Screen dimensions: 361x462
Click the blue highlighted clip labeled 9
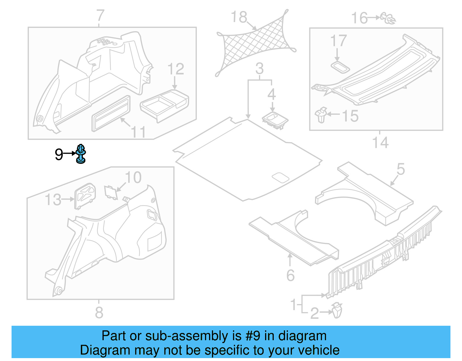click(81, 154)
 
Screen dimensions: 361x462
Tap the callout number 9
click(59, 154)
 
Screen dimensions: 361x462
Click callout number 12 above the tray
click(176, 69)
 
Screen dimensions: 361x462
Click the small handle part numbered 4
click(275, 120)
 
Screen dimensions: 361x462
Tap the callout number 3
click(259, 69)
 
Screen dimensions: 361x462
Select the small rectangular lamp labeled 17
click(340, 67)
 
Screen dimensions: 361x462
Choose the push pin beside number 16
click(388, 18)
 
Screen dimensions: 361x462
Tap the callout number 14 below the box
click(380, 143)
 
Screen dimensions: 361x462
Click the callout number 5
click(401, 169)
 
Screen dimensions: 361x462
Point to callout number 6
click(290, 275)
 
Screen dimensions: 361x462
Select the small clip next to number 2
click(337, 310)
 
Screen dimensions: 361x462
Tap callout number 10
click(133, 177)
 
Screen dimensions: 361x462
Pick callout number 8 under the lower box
click(99, 313)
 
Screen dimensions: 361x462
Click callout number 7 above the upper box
click(100, 16)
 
